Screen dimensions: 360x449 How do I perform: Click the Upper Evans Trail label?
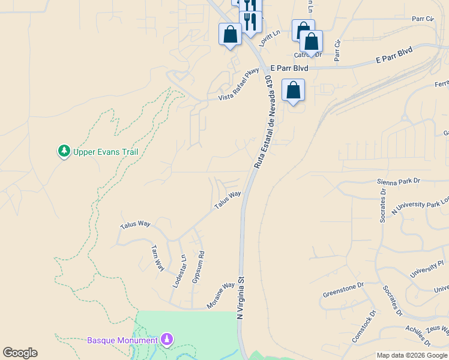tap(106, 152)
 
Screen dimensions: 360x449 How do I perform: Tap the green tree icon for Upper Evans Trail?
tap(64, 151)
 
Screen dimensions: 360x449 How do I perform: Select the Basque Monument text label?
tap(122, 340)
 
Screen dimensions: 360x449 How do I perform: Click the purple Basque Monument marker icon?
tap(167, 340)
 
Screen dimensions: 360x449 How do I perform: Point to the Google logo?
tap(20, 353)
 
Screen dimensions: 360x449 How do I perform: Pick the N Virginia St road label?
tap(242, 298)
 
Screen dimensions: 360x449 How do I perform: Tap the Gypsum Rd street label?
tap(197, 267)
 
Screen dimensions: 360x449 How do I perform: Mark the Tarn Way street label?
tap(158, 257)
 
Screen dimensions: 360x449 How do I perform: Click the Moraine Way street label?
tap(220, 296)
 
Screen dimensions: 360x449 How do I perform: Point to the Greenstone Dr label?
tap(343, 290)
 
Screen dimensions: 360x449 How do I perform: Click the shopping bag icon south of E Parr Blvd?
tap(293, 90)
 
